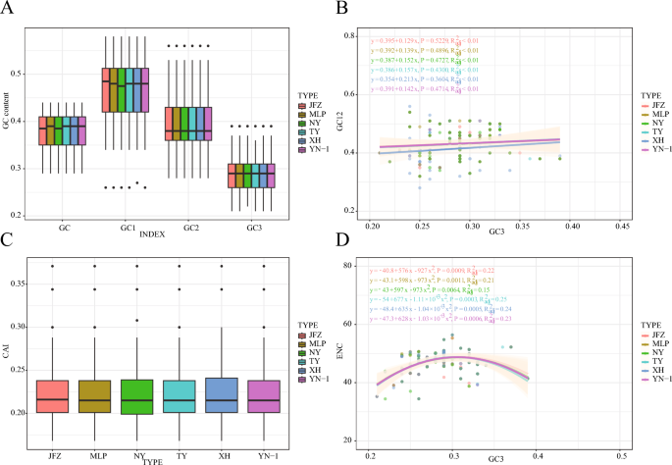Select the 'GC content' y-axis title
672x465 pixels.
coord(10,119)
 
